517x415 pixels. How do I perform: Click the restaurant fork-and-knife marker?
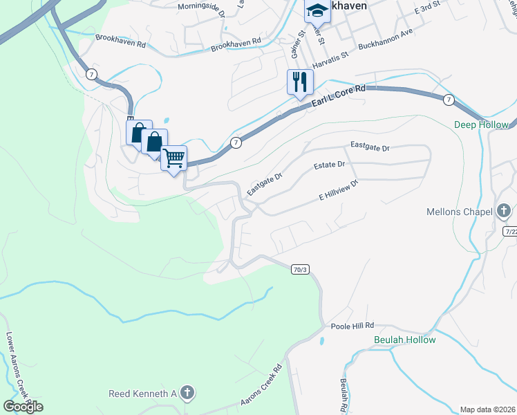(x=300, y=82)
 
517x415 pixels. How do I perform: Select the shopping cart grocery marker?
(x=173, y=157)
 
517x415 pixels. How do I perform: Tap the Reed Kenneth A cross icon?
(x=186, y=394)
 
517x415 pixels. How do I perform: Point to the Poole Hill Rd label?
(x=352, y=325)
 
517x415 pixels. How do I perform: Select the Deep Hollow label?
(x=481, y=125)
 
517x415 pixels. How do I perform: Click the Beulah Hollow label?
(x=404, y=340)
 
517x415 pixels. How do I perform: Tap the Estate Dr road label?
(x=329, y=165)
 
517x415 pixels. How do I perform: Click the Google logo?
(x=23, y=407)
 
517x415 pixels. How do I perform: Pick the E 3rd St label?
(x=426, y=11)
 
